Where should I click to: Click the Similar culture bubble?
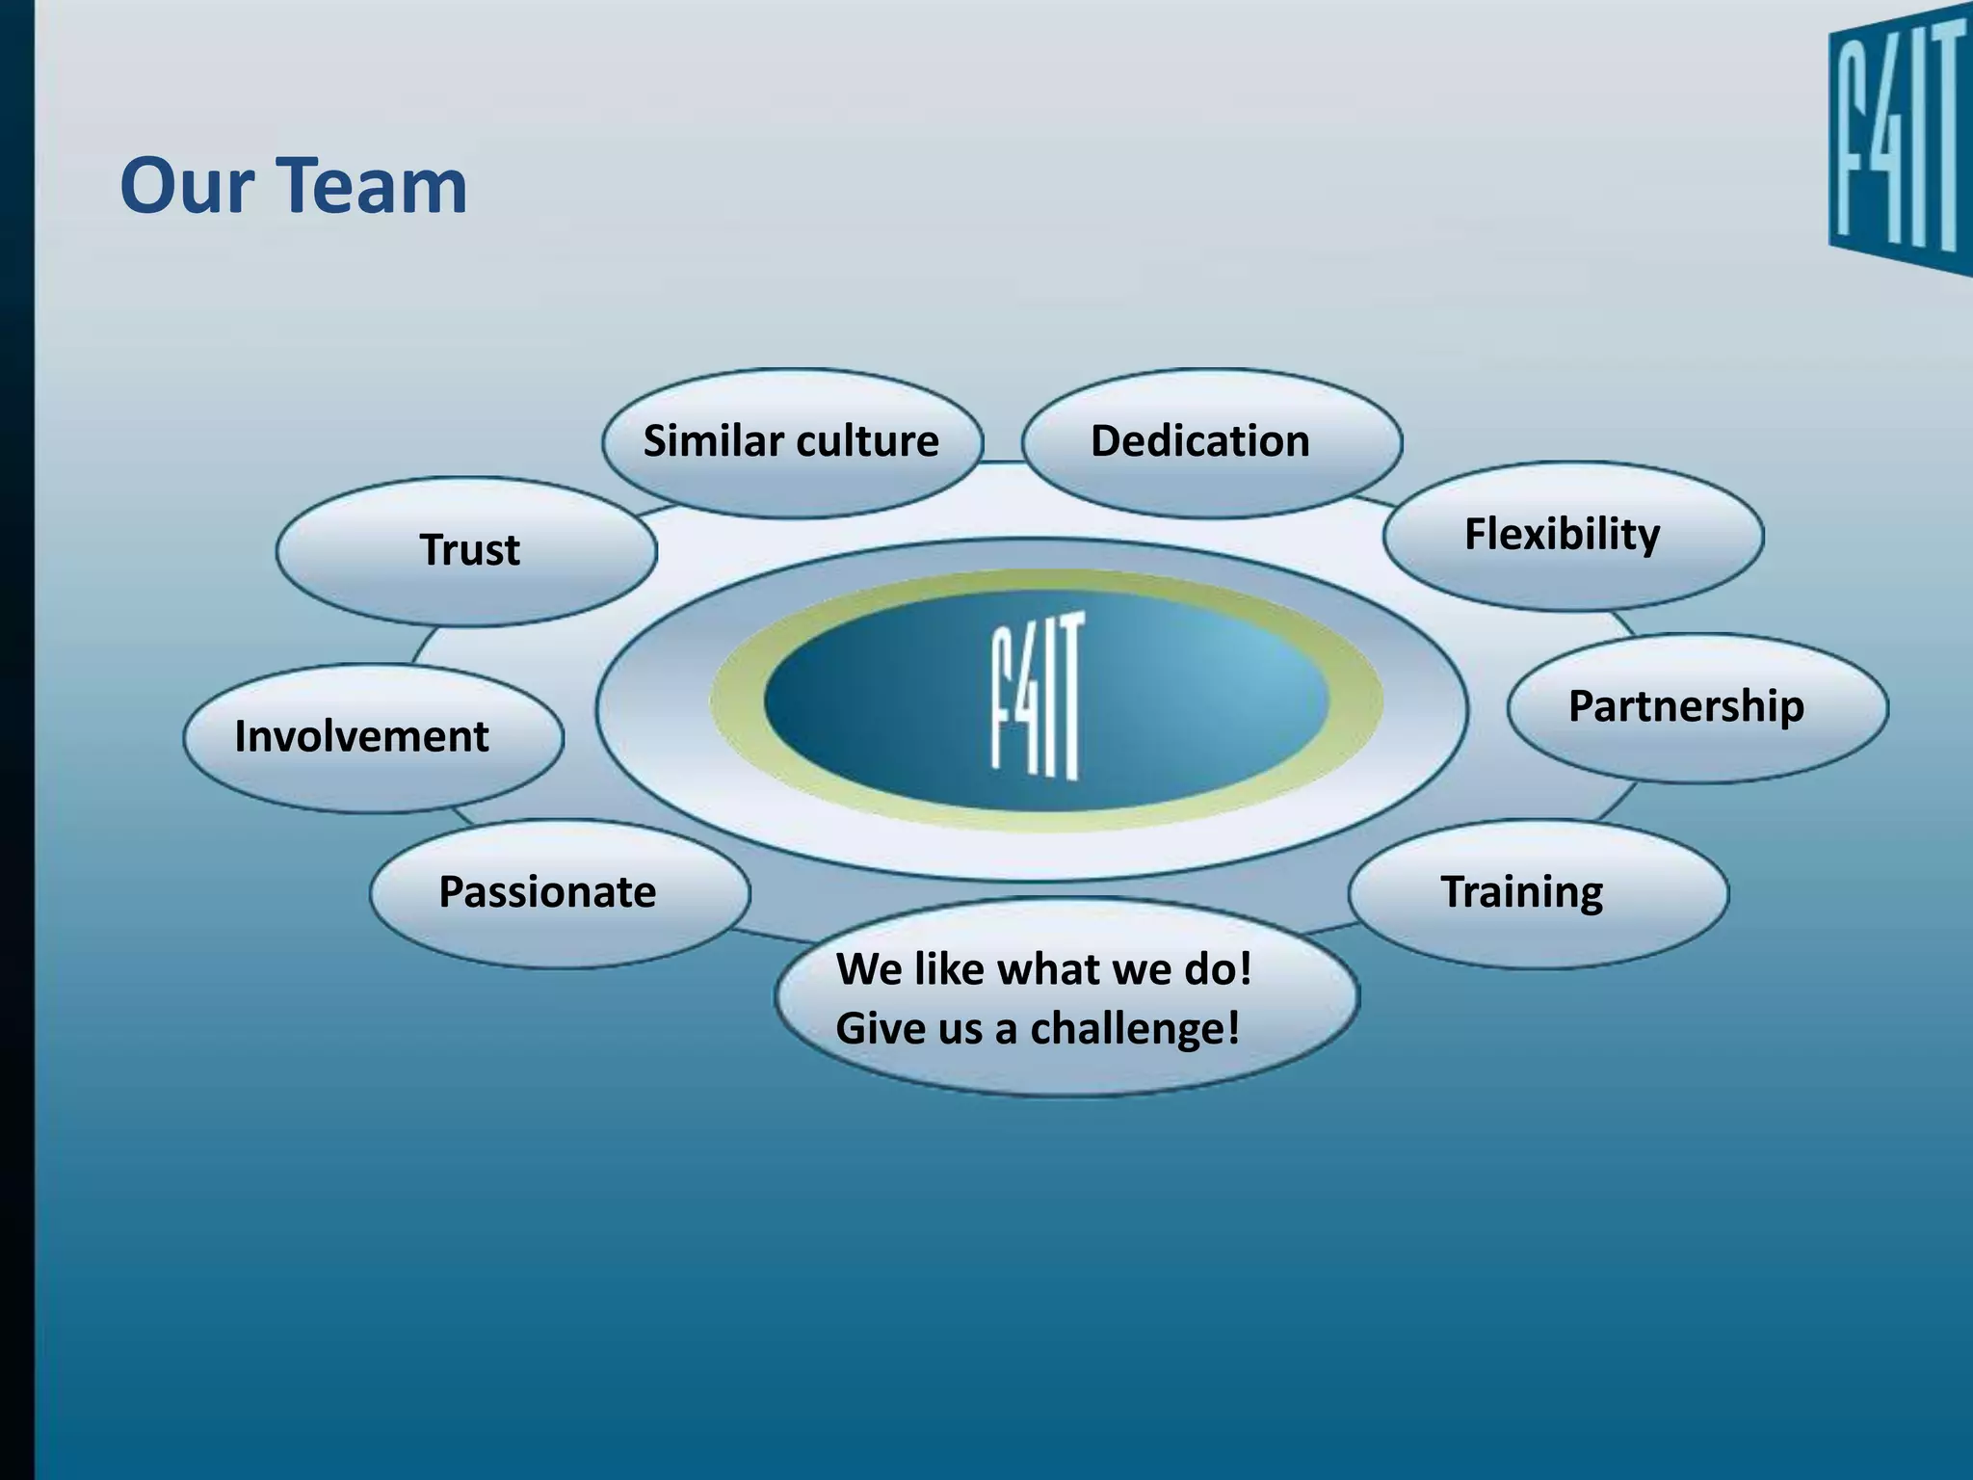[792, 442]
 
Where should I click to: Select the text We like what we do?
[1043, 969]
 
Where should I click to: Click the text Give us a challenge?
[1038, 1028]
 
